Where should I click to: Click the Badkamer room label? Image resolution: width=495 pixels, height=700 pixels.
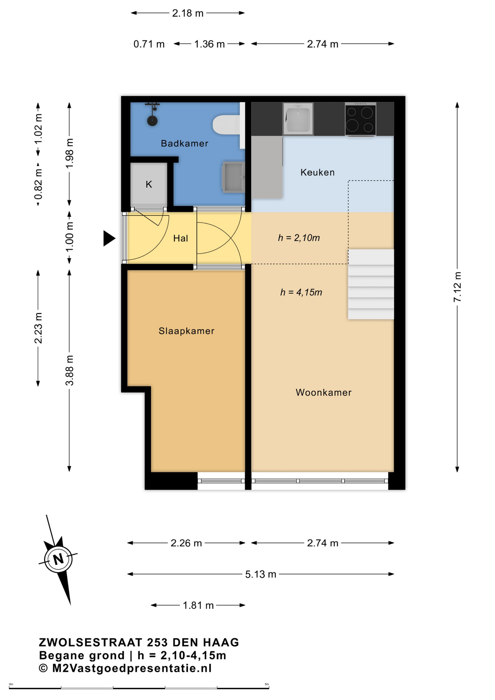point(184,143)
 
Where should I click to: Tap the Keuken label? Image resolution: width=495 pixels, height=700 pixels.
point(317,172)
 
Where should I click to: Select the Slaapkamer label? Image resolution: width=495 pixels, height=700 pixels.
point(186,331)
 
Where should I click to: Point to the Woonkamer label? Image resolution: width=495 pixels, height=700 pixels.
point(323,392)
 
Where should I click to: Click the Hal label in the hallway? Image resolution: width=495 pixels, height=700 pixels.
point(180,238)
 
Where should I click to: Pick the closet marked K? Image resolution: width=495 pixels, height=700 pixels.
point(149,184)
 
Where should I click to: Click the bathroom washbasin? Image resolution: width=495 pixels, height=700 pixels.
point(233,177)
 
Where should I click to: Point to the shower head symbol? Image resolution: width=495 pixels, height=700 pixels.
point(152,115)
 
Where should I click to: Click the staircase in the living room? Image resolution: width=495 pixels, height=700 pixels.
point(371,284)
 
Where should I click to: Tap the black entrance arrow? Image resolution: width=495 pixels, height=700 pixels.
point(109,238)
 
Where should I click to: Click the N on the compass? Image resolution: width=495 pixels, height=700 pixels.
point(58,559)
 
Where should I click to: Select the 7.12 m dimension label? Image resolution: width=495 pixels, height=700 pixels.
point(457,287)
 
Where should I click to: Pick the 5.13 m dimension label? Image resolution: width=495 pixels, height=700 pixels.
point(261,574)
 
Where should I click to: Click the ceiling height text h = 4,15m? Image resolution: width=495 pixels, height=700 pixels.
point(301,292)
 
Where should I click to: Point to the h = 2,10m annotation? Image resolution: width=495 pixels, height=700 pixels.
point(299,238)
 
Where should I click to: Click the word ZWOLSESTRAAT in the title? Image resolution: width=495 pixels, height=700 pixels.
point(90,642)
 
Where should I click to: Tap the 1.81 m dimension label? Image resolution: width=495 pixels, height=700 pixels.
point(198,605)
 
